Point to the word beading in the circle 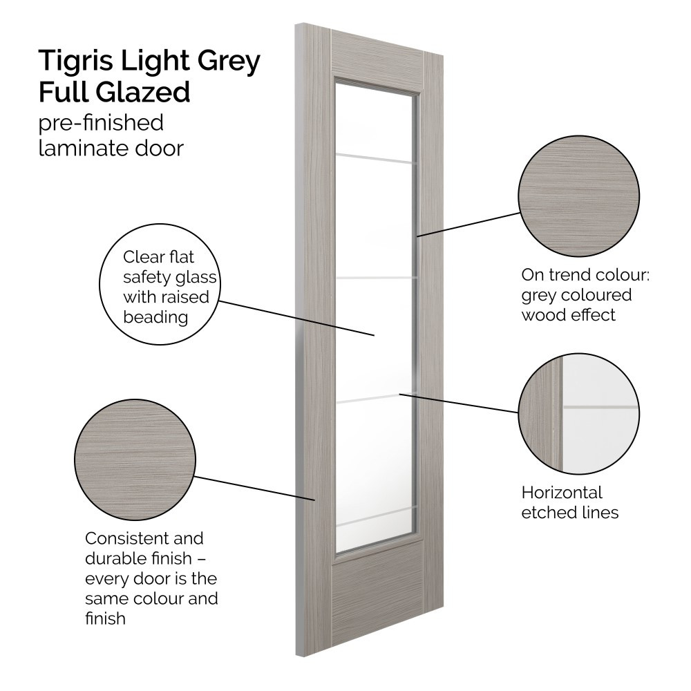click(155, 318)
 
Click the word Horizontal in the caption click(562, 493)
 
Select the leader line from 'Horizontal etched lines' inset click(460, 404)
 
